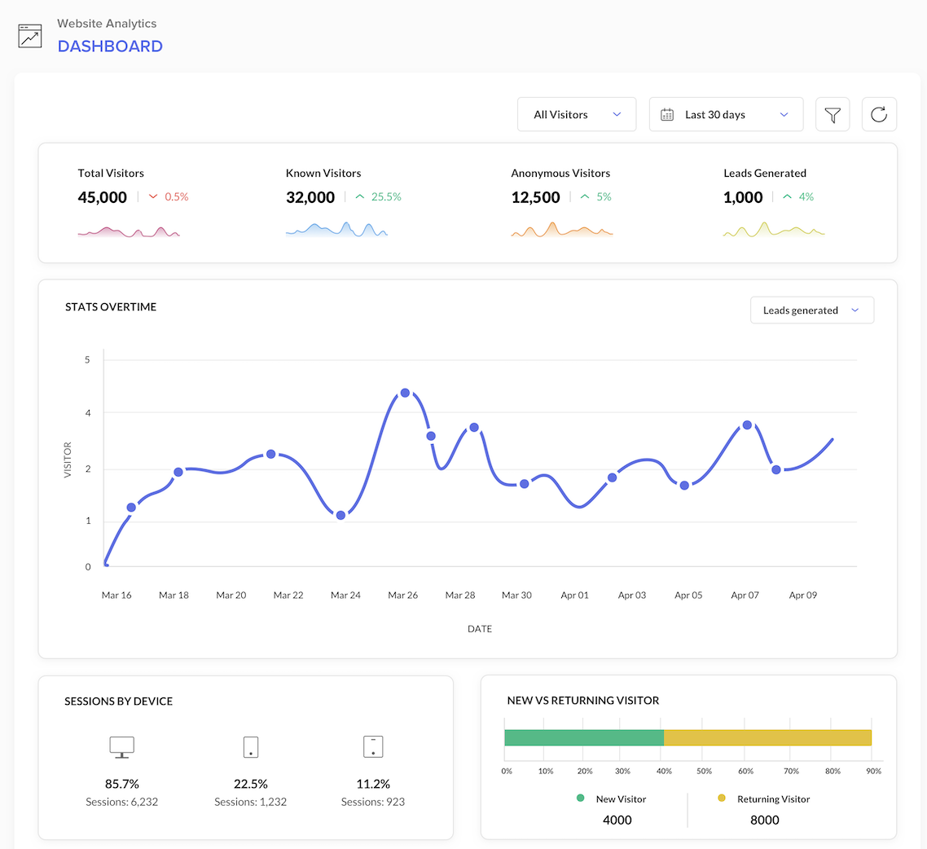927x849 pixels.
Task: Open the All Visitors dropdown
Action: point(577,115)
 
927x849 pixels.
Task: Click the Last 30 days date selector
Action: point(726,115)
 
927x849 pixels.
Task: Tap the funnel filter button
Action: point(833,115)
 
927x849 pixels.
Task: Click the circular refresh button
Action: point(879,115)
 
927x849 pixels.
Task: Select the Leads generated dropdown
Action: point(811,310)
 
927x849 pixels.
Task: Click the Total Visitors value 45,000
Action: point(103,197)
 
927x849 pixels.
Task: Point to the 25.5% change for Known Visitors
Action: point(386,197)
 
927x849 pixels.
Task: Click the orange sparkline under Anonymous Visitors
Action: point(562,231)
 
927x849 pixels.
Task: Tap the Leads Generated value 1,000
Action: point(743,197)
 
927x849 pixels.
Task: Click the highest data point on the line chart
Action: point(405,393)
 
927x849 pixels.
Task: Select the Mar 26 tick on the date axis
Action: point(402,596)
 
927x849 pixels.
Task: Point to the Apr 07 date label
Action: point(745,596)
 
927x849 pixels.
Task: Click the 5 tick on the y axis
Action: point(88,359)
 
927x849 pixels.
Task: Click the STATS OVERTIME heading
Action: point(111,307)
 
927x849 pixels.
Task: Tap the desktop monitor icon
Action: point(121,746)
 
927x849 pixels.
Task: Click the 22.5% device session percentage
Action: point(251,784)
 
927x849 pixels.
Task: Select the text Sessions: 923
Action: point(373,802)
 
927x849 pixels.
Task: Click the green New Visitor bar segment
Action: point(584,737)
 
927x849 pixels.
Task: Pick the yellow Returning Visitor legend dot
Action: point(721,798)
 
